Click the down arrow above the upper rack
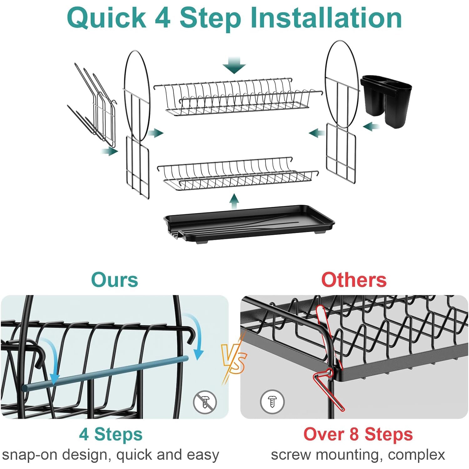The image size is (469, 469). pos(234,65)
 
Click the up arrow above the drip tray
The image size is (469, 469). pos(234,201)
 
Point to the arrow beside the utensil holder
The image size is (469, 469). pos(371,127)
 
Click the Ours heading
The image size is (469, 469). pos(114,280)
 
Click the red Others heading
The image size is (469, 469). pos(354,280)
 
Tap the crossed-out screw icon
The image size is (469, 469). pos(205,402)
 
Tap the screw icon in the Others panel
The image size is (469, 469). pos(272,402)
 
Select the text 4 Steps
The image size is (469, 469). pos(111,434)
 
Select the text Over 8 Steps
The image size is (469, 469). pos(358,434)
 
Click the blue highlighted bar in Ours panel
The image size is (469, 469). pos(105,374)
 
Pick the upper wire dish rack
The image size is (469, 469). pos(238,97)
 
